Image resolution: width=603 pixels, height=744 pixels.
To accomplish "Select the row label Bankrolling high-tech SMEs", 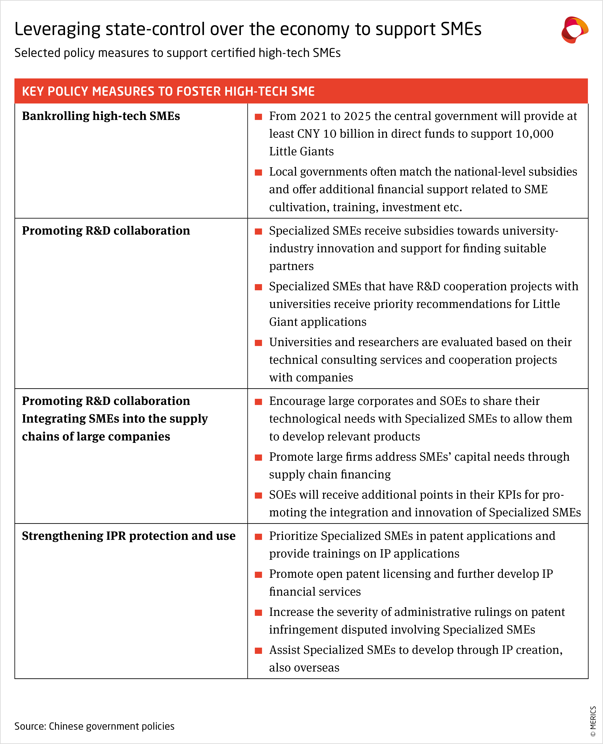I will tap(101, 116).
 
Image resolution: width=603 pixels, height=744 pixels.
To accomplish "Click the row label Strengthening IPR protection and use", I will tap(129, 536).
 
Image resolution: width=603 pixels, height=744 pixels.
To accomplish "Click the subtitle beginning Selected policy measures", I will tap(177, 53).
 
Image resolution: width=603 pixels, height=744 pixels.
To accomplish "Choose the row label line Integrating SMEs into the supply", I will tap(115, 419).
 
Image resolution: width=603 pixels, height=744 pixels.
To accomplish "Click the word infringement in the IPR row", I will tap(306, 629).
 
